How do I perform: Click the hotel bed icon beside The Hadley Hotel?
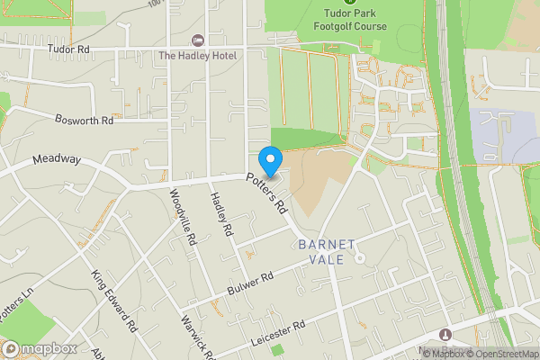(x=198, y=41)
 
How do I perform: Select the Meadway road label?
(x=57, y=159)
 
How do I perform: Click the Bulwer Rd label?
(x=251, y=283)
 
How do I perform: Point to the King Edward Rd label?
(x=113, y=300)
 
